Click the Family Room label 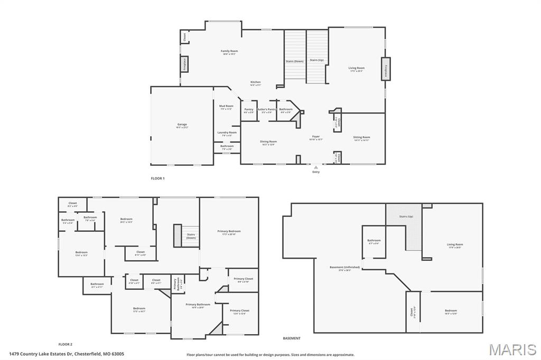(229, 52)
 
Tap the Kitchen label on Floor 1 (255, 83)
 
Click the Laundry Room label (227, 134)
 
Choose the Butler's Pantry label (267, 110)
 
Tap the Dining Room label (268, 142)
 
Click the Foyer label (315, 138)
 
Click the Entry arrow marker (316, 167)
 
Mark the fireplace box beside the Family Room (184, 64)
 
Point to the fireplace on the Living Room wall (386, 69)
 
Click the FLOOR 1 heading (157, 178)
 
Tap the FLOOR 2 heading (65, 344)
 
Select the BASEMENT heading (292, 338)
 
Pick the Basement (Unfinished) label (344, 268)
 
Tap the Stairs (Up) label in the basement (406, 216)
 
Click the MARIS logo (512, 349)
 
